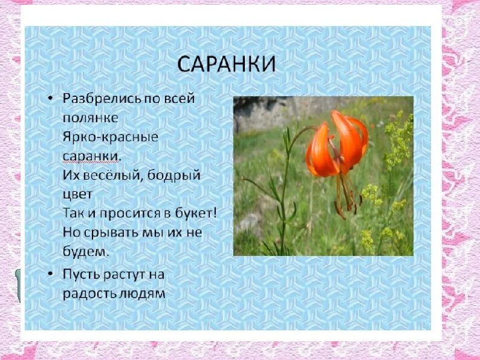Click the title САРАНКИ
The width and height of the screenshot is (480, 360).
coord(225,64)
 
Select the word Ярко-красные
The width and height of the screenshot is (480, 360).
coord(110,137)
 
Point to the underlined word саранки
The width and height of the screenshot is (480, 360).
coord(91,156)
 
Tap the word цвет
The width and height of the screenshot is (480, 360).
coord(77,195)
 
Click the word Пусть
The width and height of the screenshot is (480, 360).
coord(82,274)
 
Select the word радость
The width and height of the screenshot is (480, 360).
coord(89,293)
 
